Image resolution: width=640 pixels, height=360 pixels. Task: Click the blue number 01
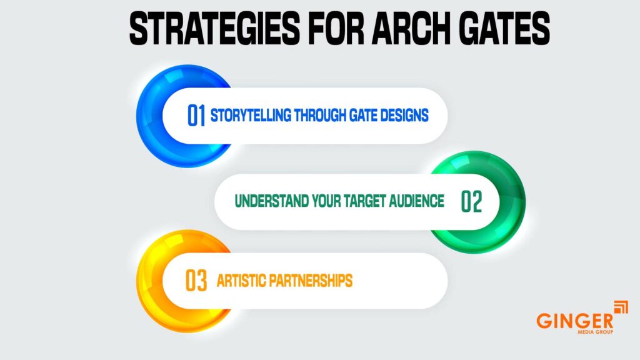point(196,116)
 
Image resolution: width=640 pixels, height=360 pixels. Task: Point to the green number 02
point(472,201)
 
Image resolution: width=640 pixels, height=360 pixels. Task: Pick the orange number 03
point(196,281)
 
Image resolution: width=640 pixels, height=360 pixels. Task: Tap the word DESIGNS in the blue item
point(404,116)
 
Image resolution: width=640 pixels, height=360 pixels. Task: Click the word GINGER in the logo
point(566,320)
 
